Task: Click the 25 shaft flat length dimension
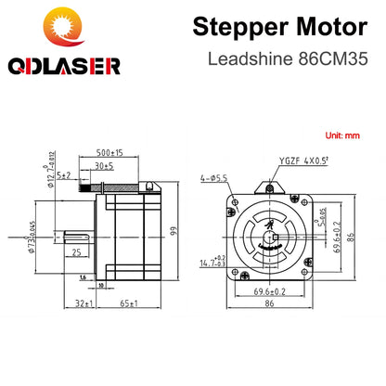point(78,251)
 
